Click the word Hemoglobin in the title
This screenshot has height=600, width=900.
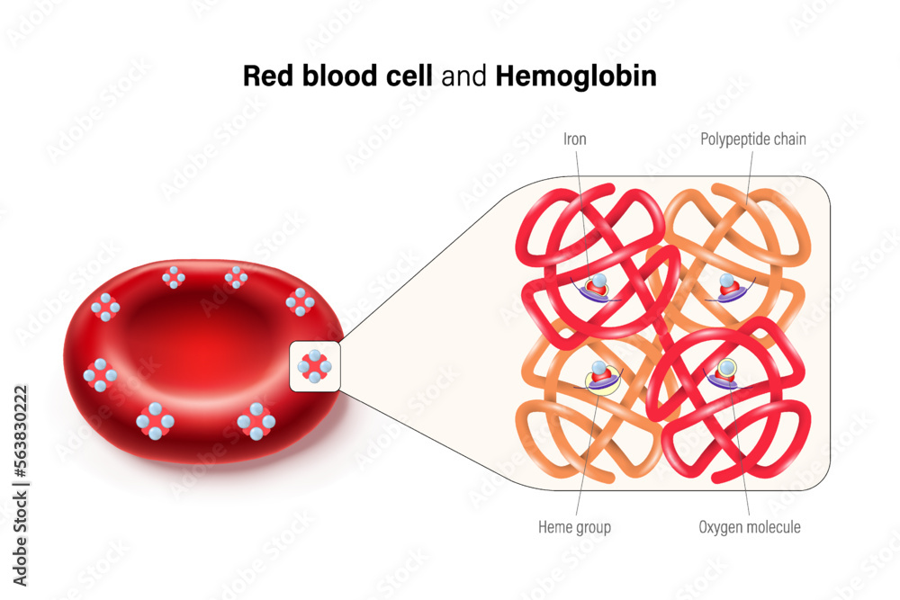point(576,77)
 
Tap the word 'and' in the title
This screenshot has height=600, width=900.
point(464,77)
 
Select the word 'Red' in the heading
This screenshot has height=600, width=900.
point(265,77)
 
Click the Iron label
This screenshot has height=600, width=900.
point(575,139)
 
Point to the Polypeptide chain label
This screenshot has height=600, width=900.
point(753,139)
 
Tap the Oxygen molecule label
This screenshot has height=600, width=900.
point(750,527)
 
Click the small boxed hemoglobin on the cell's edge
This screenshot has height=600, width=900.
point(315,366)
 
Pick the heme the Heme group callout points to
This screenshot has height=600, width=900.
point(599,376)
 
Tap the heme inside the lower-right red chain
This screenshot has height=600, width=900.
point(725,373)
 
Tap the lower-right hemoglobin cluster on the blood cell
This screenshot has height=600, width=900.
point(256,420)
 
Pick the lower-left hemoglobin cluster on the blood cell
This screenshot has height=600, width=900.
point(156,420)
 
